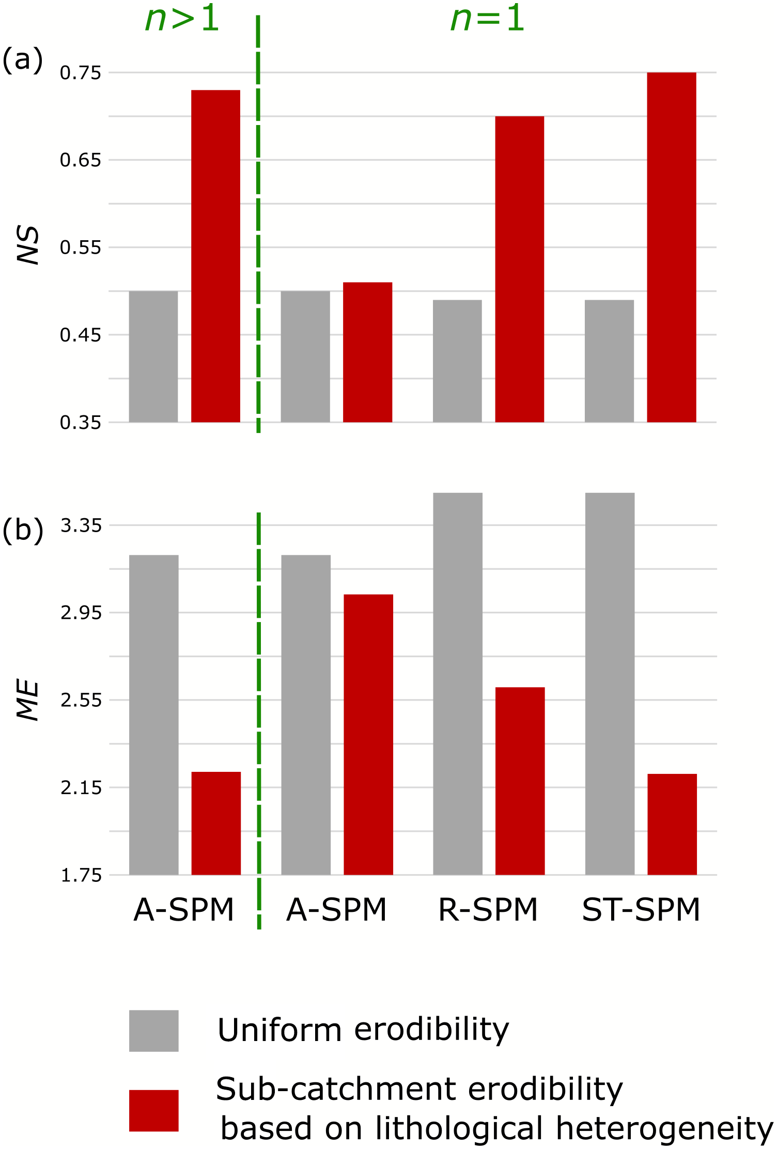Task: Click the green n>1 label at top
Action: pyautogui.click(x=182, y=20)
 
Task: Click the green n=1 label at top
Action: pyautogui.click(x=487, y=20)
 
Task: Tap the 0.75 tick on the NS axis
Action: pyautogui.click(x=81, y=73)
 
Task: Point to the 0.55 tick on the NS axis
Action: pyautogui.click(x=81, y=247)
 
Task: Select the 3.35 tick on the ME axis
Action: pyautogui.click(x=81, y=525)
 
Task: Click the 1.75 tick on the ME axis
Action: pyautogui.click(x=81, y=875)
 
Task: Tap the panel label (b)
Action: pyautogui.click(x=23, y=530)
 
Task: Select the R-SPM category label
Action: pyautogui.click(x=488, y=910)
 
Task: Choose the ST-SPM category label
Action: pyautogui.click(x=641, y=910)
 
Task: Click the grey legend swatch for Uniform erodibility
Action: pyautogui.click(x=153, y=1031)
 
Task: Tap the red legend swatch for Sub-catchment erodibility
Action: pyautogui.click(x=153, y=1111)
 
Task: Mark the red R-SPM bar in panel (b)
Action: pyautogui.click(x=520, y=781)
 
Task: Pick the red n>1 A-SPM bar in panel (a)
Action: pyautogui.click(x=215, y=256)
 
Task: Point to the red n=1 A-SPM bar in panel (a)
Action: pyautogui.click(x=367, y=352)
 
